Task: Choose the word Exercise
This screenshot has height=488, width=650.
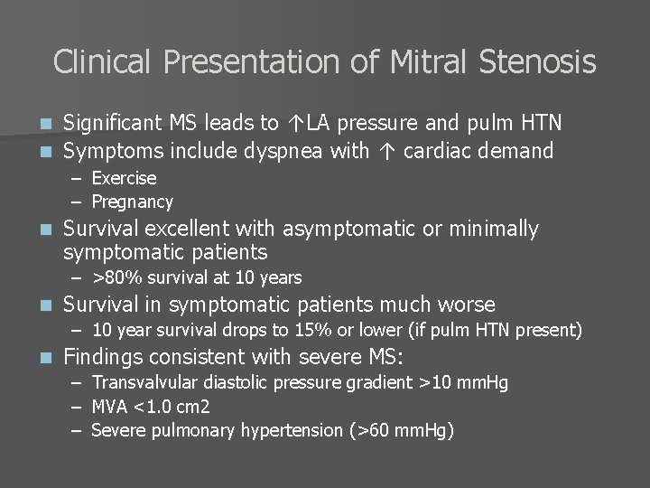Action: [124, 178]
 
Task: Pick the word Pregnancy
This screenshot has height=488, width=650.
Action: [132, 202]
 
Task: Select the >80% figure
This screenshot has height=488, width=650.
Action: [115, 277]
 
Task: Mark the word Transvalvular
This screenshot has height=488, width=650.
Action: [142, 382]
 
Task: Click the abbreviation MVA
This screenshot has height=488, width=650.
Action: [110, 406]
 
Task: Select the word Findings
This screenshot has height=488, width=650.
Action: [105, 357]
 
